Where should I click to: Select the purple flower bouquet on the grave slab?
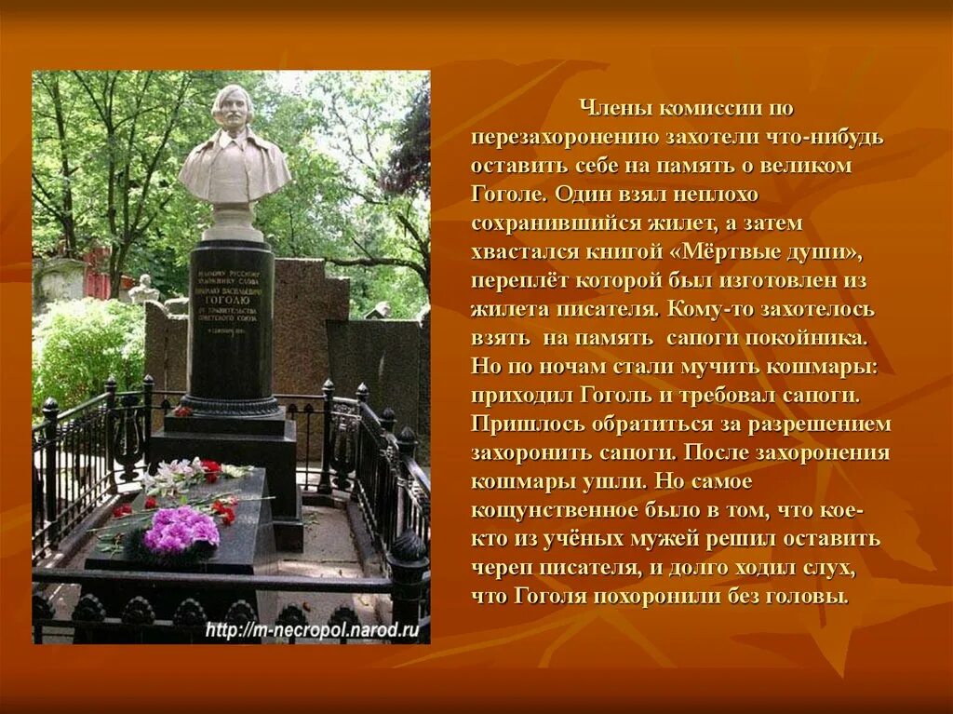181,530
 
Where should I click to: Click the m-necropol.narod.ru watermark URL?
312,630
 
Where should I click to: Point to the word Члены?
612,109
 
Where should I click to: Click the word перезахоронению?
565,138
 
